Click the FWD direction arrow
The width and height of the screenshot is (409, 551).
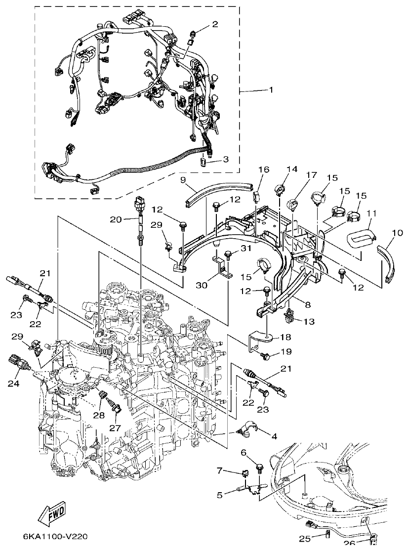click(x=54, y=516)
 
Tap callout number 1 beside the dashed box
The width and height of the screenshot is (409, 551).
click(x=271, y=90)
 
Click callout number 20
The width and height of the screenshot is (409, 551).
click(x=115, y=219)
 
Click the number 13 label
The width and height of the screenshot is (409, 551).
click(x=309, y=322)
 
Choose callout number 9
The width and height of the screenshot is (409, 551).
click(x=182, y=181)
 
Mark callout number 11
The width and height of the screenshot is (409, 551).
click(x=372, y=213)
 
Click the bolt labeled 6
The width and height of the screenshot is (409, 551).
click(x=259, y=466)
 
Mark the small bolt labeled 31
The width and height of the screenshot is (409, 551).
click(x=228, y=255)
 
